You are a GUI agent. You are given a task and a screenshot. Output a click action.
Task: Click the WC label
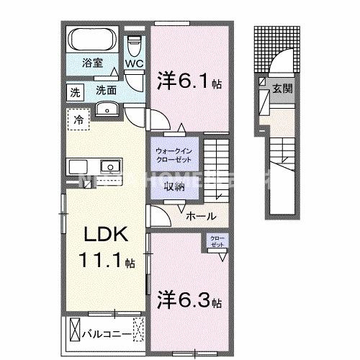click(x=135, y=64)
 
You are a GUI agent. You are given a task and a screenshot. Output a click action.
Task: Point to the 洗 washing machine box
click(x=74, y=91)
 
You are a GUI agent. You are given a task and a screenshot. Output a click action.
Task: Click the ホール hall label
click(x=198, y=215)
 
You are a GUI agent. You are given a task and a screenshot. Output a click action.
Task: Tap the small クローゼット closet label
click(x=216, y=241)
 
